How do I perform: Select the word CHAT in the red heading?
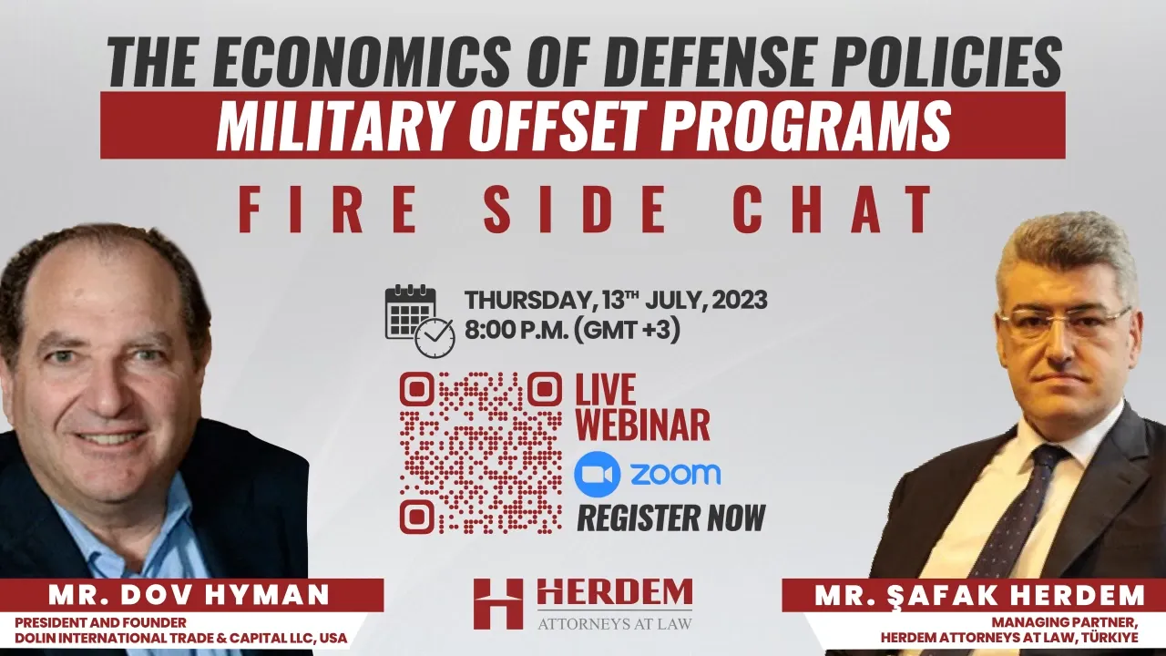(x=833, y=209)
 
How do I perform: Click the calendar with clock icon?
(x=420, y=321)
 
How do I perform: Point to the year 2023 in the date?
(x=739, y=301)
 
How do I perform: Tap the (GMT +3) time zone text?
(x=627, y=330)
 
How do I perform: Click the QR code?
(x=481, y=453)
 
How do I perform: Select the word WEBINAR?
(x=642, y=425)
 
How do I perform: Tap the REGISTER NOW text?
(x=671, y=518)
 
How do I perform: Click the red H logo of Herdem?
(x=498, y=604)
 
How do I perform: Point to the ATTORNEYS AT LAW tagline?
(x=615, y=623)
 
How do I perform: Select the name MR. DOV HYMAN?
(x=189, y=595)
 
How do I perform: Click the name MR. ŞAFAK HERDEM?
(x=979, y=596)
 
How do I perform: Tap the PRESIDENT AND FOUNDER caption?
(x=100, y=622)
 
